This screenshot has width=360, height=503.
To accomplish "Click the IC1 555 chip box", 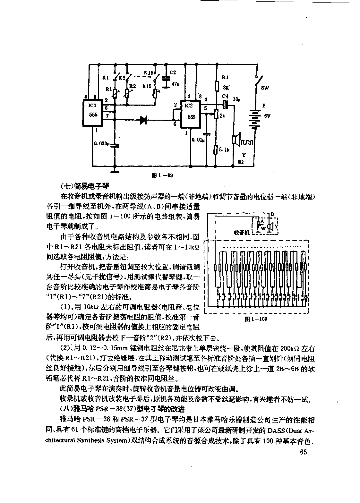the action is coord(92,114).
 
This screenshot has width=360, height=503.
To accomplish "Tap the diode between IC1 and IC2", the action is coord(143,120).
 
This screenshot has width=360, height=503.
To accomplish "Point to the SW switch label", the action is coord(265,88).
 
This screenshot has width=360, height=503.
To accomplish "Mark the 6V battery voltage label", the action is coord(267,116).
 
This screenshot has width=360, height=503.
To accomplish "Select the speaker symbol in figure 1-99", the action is coord(236,140).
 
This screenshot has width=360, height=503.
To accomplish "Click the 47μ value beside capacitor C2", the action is coord(176,84).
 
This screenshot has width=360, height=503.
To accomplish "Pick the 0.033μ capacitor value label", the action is coord(102,143).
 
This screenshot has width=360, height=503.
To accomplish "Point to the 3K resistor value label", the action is coord(226,88).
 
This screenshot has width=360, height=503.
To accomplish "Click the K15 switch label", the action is coord(148,72).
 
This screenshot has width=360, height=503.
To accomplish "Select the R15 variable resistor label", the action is coord(147,86).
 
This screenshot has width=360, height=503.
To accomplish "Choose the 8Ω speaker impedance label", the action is coord(241,162).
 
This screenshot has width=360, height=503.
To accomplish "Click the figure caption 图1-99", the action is coord(162,175).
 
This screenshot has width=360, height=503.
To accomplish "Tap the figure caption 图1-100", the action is coord(256,319).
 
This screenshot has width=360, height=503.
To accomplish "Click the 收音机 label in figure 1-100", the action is coord(242,233).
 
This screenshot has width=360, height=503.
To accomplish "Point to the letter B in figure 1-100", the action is coord(272,214).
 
